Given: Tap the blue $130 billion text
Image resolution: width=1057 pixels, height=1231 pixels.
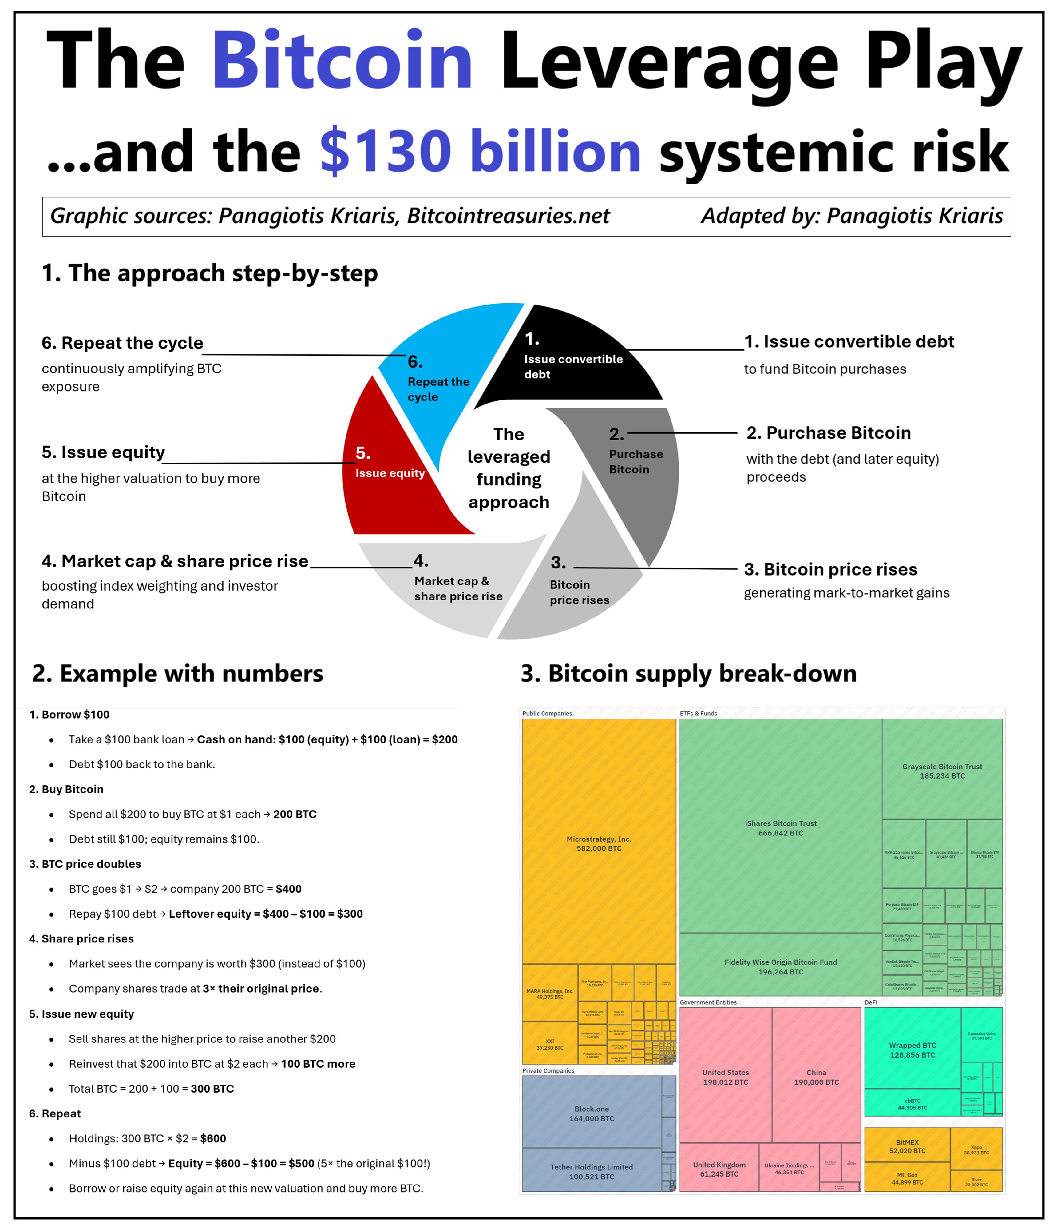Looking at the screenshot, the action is pos(480,152).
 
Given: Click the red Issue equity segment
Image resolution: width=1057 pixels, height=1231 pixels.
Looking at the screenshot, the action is pos(392,475).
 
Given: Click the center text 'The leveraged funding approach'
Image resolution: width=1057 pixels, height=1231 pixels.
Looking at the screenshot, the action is pos(509,468).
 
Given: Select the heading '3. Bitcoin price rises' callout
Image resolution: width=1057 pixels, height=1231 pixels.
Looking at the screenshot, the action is pos(830,569).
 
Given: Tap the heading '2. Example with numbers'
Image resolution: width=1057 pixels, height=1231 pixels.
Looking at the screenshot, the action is pos(178,674).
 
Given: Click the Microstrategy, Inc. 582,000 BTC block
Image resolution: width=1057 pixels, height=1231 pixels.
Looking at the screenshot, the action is pos(599,844).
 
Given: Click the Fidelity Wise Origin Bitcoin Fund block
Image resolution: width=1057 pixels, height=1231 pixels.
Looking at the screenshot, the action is pos(780,966).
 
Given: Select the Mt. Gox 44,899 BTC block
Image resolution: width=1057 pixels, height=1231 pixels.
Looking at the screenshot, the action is pos(907,1178).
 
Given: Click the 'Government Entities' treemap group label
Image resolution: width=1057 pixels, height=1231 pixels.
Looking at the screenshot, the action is pos(708,1002).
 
